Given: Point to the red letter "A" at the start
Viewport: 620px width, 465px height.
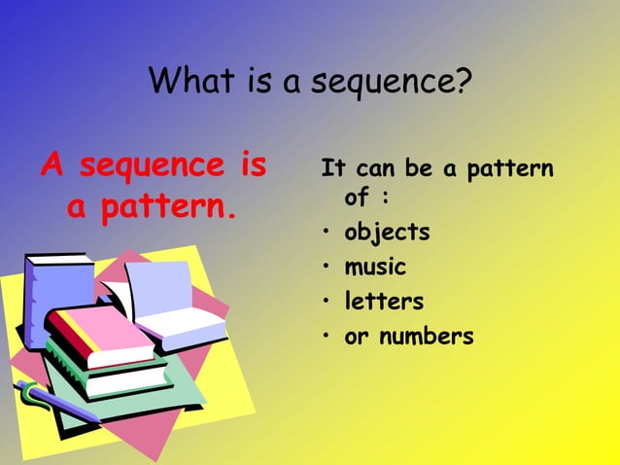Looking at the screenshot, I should click(x=52, y=166).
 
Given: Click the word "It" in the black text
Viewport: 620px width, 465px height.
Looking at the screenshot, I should click(x=333, y=169).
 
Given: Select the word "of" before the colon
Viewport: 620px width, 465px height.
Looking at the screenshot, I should click(x=357, y=197).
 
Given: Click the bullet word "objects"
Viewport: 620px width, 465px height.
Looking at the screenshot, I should click(x=387, y=233).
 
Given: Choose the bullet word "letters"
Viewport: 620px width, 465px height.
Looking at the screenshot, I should click(x=384, y=302).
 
